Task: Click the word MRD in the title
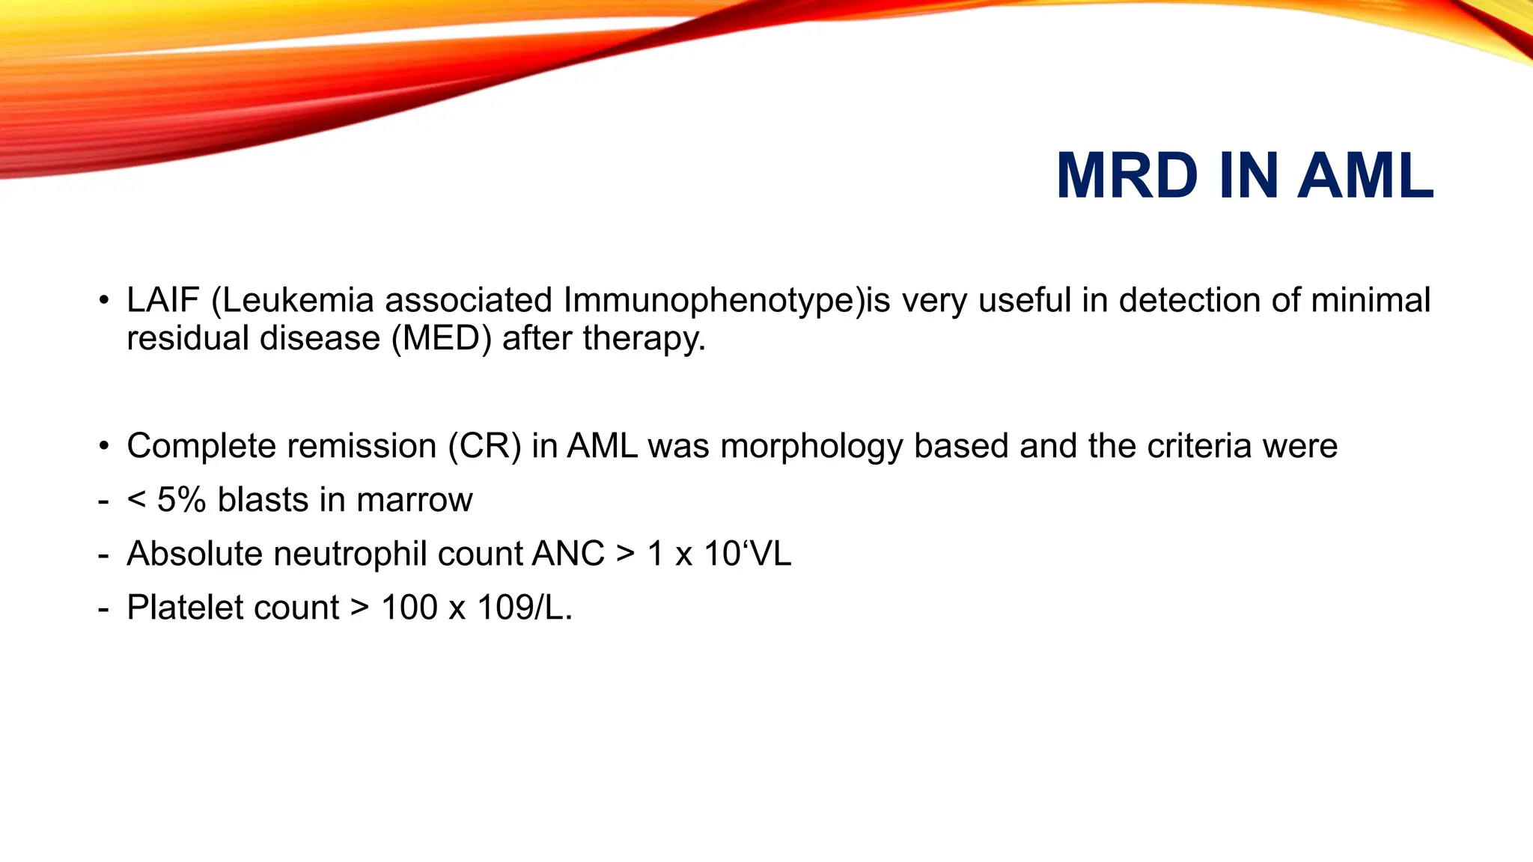[x=1127, y=177]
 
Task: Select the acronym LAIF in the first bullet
[x=162, y=301]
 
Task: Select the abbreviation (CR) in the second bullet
[x=484, y=447]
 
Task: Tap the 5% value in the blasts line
[x=181, y=500]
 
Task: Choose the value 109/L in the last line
[x=524, y=608]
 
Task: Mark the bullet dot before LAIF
[x=104, y=302]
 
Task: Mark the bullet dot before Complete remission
[x=104, y=447]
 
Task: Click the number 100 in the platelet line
[x=409, y=608]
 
